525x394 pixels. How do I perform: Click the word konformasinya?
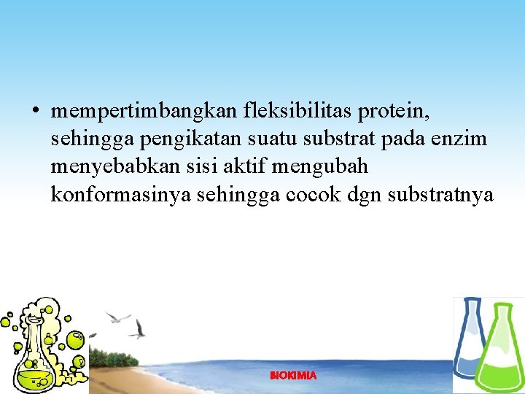coord(121,195)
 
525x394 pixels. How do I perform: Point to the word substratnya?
coord(434,195)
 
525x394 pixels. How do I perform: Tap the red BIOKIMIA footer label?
coord(293,376)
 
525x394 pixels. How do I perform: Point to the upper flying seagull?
coord(117,317)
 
